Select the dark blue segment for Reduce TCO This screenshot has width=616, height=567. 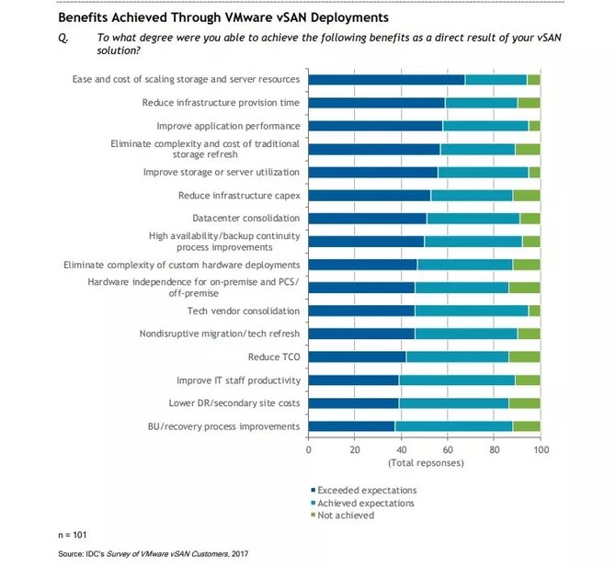coord(357,357)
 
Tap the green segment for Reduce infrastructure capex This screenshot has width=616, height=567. coord(526,195)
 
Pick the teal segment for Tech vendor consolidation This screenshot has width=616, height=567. coord(471,311)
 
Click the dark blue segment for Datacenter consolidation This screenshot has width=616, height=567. coord(367,218)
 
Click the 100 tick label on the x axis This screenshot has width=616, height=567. coord(540,450)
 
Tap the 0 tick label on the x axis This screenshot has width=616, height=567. coord(308,450)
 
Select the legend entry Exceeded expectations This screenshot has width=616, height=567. coord(366,490)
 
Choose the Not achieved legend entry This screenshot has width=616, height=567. coord(344,516)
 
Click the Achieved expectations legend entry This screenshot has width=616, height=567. coord(365,503)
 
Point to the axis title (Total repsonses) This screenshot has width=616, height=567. coord(424,463)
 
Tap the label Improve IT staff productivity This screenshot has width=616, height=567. coord(238,380)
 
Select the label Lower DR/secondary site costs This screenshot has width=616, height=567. coord(237,403)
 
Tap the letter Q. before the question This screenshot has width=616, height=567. coord(63,37)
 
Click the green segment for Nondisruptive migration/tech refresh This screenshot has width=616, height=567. coord(529,334)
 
